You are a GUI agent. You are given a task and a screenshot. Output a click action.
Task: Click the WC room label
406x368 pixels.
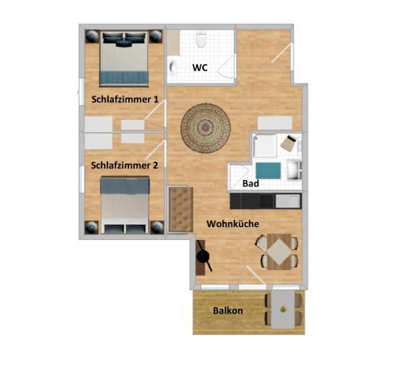pos(200,67)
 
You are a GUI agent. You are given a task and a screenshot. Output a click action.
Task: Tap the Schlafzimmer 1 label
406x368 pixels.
pos(125,100)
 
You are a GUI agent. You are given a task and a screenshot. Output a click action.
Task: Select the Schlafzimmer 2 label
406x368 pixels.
pos(124,165)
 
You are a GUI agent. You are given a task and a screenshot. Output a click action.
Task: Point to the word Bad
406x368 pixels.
pos(251,183)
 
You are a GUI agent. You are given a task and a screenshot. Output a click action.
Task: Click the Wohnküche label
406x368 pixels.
pos(233,224)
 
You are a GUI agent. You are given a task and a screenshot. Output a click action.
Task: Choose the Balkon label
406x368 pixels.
pos(227,310)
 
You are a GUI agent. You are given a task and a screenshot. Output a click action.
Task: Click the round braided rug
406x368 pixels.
pos(205,128)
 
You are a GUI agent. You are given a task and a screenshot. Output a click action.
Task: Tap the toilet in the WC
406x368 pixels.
pos(201,40)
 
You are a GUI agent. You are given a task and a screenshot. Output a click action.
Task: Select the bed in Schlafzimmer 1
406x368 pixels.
pos(124,58)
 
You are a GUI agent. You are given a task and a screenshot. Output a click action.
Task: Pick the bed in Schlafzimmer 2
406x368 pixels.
pos(125,205)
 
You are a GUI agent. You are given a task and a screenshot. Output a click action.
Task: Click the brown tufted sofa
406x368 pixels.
pos(181,209)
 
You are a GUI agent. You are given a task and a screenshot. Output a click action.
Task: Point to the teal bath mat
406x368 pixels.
pos(268,171)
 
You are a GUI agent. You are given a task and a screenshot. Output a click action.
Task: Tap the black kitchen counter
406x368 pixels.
pos(266,201)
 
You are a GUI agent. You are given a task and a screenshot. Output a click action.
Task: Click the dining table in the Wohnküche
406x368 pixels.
pos(279,252)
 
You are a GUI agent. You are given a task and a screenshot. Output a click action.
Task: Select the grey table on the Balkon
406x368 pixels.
pos(283,310)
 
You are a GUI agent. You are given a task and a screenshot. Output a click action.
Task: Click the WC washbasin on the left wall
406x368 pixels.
pos(172,67)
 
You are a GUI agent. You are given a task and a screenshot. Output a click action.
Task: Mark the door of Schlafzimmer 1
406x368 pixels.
pos(154,110)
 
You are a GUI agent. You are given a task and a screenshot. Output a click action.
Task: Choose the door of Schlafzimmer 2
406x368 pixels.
pos(155,150)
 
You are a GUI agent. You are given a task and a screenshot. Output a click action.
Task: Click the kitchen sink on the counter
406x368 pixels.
pos(287,201)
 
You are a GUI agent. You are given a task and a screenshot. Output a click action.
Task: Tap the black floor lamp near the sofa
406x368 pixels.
pos(203,255)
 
